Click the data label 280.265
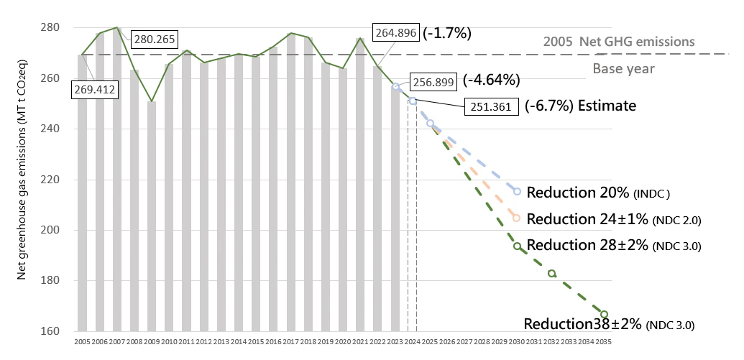tap(155, 39)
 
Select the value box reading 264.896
tap(396, 32)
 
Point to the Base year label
tap(624, 69)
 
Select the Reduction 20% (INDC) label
tap(598, 193)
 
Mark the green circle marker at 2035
tap(604, 314)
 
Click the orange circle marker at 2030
tap(517, 218)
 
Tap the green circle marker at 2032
tap(551, 274)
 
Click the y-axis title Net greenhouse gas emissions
tap(22, 180)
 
